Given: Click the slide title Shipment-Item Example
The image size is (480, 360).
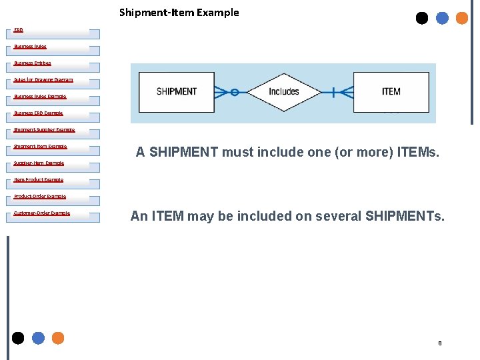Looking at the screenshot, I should (179, 12).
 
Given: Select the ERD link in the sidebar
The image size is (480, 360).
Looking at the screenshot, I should (19, 30).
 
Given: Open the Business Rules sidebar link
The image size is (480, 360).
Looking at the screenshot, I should (30, 47).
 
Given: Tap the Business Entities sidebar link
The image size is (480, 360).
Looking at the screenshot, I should (32, 63).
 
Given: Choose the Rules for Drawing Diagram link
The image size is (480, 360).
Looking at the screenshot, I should (43, 80).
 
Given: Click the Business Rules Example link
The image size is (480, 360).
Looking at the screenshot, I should (40, 97).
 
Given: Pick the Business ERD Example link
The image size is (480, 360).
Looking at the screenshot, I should (38, 113).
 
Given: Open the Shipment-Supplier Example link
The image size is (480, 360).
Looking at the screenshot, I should (44, 130).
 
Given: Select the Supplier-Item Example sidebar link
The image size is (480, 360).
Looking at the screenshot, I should (39, 163).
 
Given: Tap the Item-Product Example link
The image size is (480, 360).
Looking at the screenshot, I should (39, 180).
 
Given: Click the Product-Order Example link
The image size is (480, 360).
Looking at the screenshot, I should (40, 197).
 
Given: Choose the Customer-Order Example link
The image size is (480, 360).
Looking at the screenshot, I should (41, 213).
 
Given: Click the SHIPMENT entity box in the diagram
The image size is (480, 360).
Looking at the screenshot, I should (176, 92).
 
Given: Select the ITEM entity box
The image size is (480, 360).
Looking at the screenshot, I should (391, 92).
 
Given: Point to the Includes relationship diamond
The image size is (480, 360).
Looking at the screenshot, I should (284, 92).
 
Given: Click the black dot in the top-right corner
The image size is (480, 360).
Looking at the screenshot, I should (422, 18).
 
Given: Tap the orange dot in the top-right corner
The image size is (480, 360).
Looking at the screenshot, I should (462, 18).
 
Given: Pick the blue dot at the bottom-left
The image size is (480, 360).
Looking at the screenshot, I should (38, 338).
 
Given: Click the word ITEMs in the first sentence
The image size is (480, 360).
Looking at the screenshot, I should (418, 152).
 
